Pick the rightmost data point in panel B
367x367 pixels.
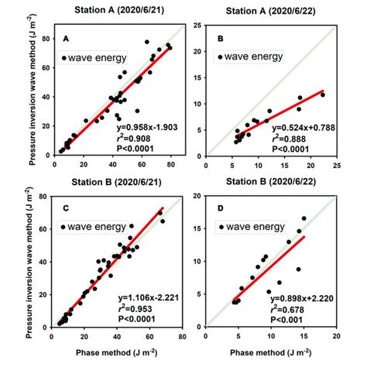[x=322, y=94]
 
